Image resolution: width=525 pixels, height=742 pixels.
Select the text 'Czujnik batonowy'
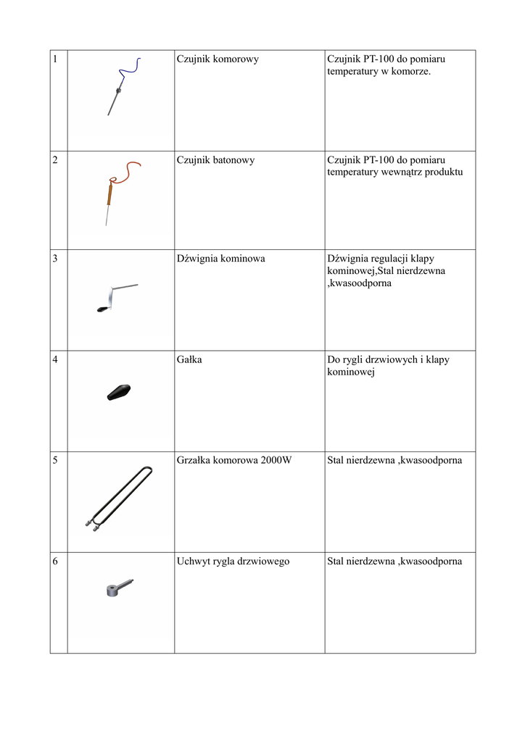point(215,159)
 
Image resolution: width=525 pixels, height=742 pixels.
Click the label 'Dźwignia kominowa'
point(220,258)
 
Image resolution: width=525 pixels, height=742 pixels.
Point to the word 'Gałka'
point(189,359)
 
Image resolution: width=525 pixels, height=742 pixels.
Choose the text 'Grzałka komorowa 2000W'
point(234,460)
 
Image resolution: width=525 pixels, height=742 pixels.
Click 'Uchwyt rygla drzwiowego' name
point(233,561)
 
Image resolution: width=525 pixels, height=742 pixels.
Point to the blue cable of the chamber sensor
point(130,71)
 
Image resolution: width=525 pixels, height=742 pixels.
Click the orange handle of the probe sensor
point(109,193)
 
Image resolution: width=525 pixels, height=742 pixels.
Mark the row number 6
point(55,561)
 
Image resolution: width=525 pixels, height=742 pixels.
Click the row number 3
point(55,258)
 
